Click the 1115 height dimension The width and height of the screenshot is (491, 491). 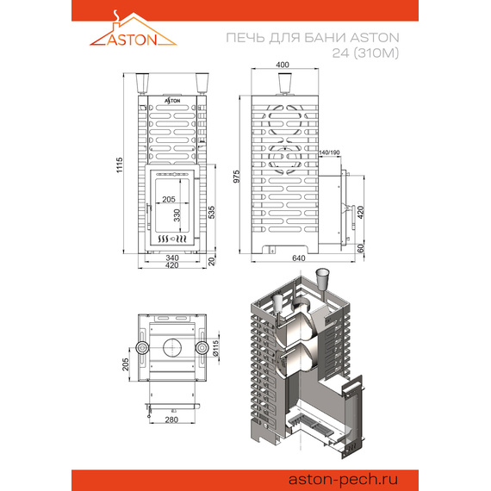click(120, 165)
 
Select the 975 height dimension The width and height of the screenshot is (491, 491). click(237, 177)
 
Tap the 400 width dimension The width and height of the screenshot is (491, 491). click(283, 65)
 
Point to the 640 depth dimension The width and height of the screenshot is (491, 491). click(298, 258)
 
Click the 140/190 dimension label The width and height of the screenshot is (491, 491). click(329, 152)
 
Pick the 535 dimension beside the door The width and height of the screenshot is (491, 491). click(212, 212)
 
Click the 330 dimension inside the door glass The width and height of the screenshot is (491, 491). click(177, 215)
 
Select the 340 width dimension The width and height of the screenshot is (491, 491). click(172, 258)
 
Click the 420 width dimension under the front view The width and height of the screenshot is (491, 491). click(172, 265)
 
